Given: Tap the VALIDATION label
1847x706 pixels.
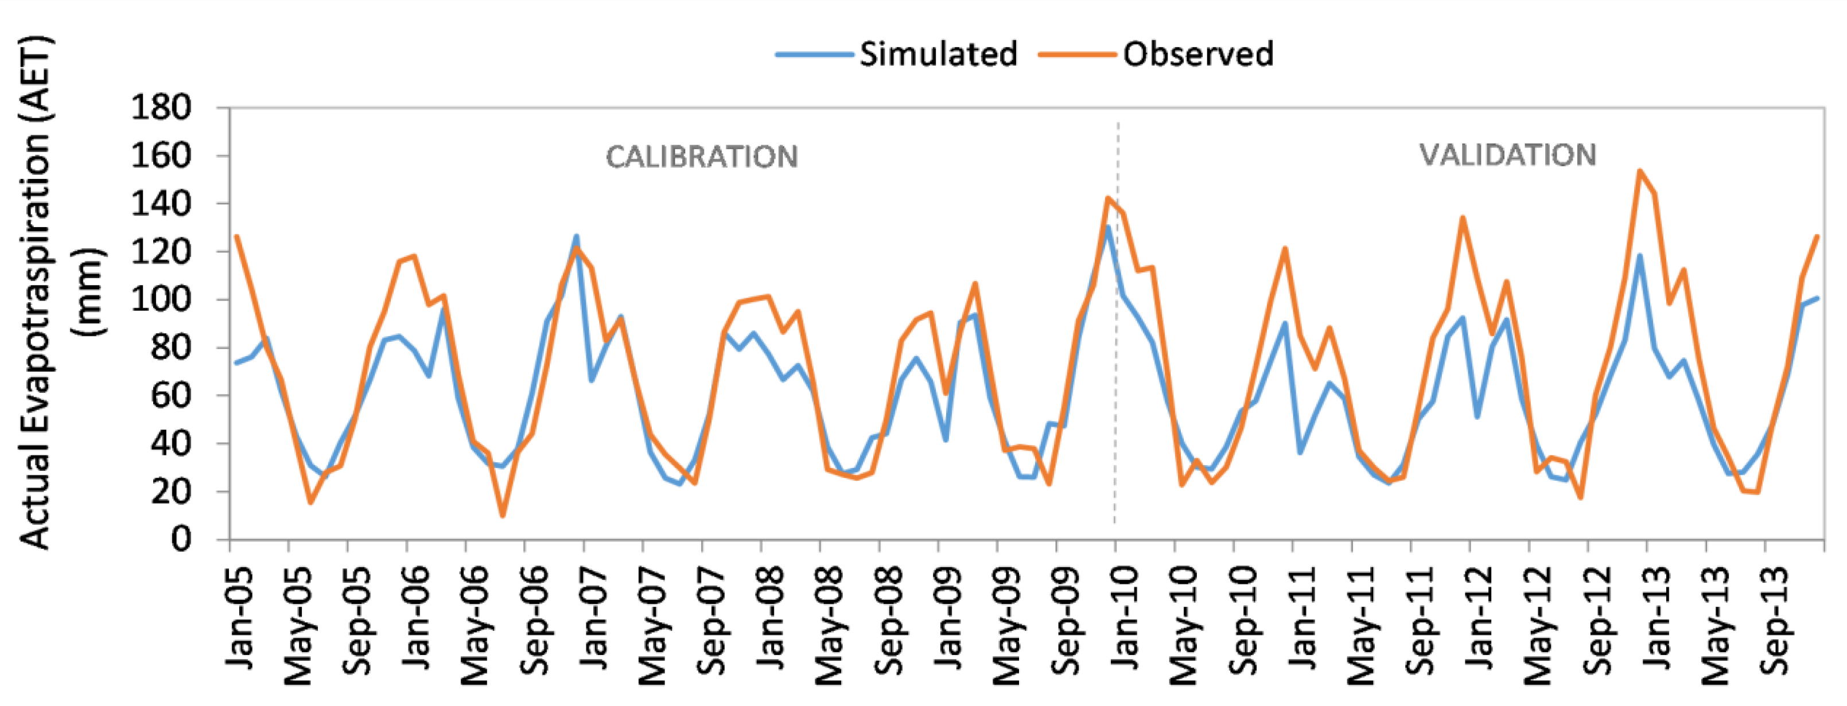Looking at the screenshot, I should tap(1507, 155).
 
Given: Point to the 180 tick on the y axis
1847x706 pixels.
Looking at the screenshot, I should tap(161, 108).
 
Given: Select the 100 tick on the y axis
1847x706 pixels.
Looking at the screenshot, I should tap(161, 299).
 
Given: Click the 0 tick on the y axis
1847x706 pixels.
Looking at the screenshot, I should tap(181, 539).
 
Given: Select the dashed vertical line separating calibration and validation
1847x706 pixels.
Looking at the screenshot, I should tap(1117, 322).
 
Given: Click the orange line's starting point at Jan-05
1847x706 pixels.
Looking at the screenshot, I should tap(236, 236).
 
